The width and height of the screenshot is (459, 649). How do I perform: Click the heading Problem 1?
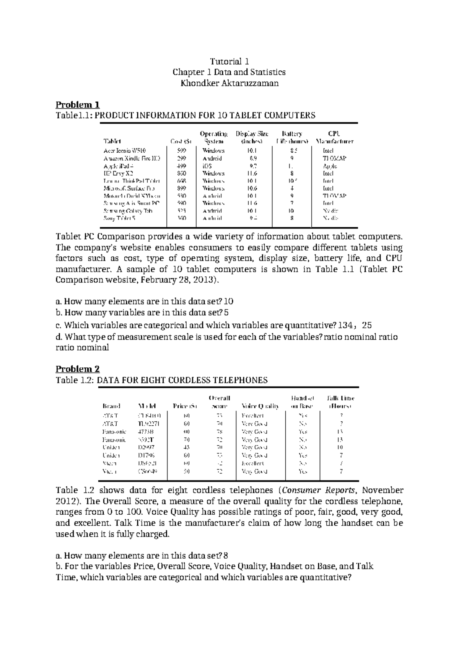(x=78, y=104)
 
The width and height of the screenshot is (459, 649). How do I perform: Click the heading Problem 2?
(x=78, y=369)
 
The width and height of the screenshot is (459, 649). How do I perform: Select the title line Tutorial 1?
(x=229, y=61)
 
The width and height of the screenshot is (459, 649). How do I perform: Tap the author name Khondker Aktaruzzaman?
(x=229, y=83)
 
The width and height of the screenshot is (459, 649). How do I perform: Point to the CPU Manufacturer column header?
(x=334, y=138)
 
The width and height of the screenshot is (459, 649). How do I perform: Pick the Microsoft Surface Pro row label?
(x=129, y=188)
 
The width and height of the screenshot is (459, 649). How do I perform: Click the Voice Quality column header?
(x=260, y=406)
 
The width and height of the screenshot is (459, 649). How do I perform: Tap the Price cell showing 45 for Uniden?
(x=187, y=447)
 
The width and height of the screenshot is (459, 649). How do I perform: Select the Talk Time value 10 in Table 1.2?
(x=340, y=447)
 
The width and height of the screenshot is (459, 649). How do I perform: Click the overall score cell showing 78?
(x=220, y=432)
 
